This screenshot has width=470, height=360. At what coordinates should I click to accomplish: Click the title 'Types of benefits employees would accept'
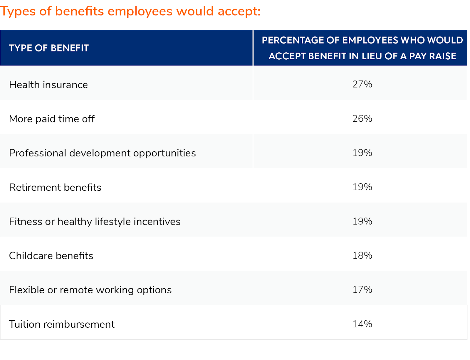pos(130,11)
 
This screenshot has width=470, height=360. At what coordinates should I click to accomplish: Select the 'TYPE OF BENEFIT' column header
pos(49,48)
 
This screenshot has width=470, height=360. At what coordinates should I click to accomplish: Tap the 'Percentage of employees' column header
pos(362,48)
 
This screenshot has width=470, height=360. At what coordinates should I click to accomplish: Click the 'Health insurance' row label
pos(48,85)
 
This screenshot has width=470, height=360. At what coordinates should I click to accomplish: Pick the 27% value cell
pos(362,84)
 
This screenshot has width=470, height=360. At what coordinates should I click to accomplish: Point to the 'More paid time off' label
pos(52,119)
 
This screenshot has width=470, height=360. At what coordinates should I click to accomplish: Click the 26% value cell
pos(362,118)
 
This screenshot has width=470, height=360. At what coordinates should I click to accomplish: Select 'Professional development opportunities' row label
pos(102,153)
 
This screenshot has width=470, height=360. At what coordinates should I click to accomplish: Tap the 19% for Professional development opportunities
pos(362,153)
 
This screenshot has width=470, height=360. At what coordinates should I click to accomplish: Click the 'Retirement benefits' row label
pos(55,187)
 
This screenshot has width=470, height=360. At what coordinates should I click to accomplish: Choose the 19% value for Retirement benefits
pos(362,187)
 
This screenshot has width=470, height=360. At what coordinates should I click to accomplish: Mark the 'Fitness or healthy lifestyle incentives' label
pos(95,221)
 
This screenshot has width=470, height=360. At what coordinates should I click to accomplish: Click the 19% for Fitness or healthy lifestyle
pos(362,221)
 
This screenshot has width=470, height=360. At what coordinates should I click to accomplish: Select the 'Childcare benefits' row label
pos(51,256)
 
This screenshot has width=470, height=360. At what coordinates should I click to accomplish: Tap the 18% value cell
pos(362,255)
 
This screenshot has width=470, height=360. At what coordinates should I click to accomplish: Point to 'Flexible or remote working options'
pos(90,290)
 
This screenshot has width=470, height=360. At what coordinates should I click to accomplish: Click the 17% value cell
pos(362,289)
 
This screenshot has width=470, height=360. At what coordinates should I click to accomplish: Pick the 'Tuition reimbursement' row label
pos(62,324)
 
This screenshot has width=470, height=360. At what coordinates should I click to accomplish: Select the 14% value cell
pos(362,324)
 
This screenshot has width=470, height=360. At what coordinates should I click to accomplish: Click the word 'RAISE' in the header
pos(443,56)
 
